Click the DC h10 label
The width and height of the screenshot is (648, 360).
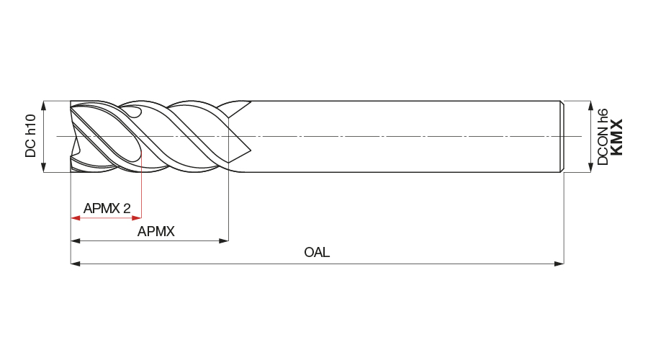point(30,136)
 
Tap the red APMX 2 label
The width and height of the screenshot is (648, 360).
point(107,209)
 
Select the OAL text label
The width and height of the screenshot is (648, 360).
point(317,253)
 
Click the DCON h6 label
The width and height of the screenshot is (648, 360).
point(603,137)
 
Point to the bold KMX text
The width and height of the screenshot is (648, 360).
point(617,137)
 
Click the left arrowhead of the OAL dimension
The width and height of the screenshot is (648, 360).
point(75,264)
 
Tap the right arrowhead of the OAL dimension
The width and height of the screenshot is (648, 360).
point(559,264)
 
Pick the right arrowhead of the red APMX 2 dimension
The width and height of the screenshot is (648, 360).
point(137,217)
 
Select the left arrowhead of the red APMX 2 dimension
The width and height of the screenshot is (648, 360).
point(75,217)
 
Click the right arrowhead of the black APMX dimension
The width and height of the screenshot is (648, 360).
point(224,240)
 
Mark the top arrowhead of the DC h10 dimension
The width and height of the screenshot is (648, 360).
point(45,105)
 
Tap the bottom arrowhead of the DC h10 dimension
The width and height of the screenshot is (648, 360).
point(45,168)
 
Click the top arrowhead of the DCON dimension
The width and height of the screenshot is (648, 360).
point(590,105)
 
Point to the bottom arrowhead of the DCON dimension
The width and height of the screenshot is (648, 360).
point(590,168)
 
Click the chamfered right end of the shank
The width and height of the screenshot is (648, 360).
point(562,137)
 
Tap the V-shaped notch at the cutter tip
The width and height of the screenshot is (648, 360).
point(75,136)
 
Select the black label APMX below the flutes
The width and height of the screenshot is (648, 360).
point(156,231)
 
